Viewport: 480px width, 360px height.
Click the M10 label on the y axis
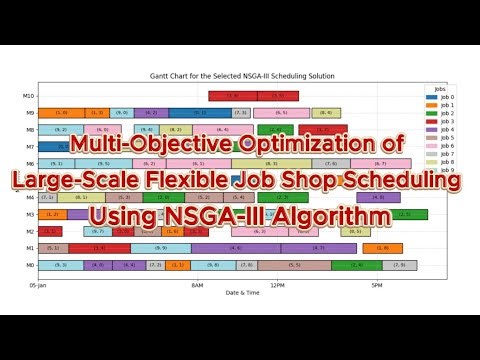coord(30,96)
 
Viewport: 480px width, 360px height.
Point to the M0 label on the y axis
coord(31,265)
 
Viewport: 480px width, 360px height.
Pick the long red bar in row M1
coord(98,248)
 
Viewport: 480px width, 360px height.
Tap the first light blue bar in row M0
coord(61,265)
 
